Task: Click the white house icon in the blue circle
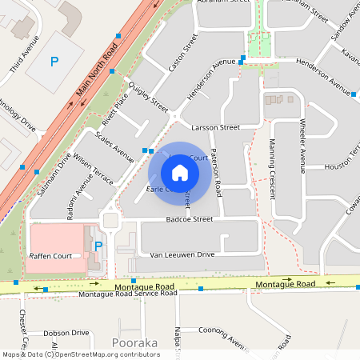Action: [180, 172]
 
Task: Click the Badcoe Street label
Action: [190, 218]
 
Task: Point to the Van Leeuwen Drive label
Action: [182, 254]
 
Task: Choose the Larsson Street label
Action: [216, 127]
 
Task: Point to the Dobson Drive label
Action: [66, 333]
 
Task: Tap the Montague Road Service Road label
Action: [128, 294]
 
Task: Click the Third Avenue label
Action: [24, 60]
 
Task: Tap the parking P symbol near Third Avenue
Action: [54, 61]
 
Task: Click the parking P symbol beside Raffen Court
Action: [98, 246]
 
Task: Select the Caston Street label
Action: [182, 54]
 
